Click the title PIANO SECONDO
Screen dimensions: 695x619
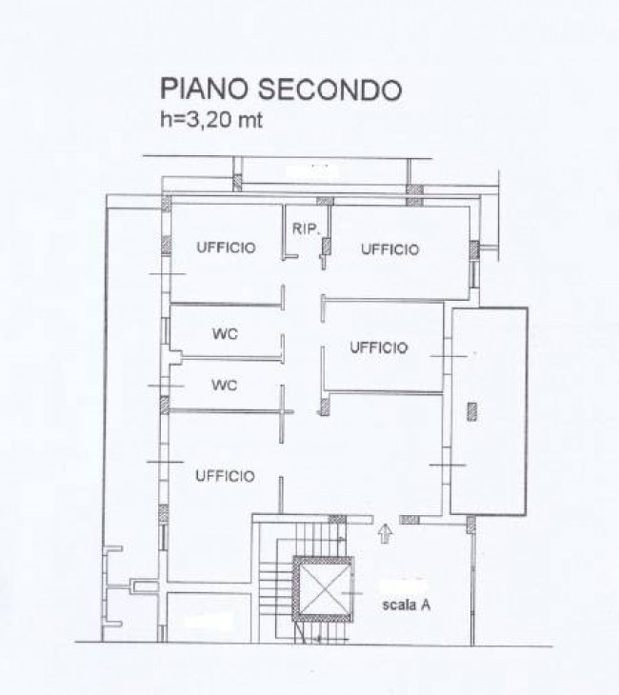click(x=280, y=89)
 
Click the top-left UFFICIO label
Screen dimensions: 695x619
click(x=226, y=248)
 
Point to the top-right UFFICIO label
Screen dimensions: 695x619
click(x=389, y=249)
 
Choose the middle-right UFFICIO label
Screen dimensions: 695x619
click(x=378, y=347)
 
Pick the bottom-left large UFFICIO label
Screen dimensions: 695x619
click(x=225, y=476)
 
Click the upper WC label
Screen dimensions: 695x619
click(x=224, y=334)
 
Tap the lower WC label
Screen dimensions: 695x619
click(x=224, y=386)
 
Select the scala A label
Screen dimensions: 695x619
click(x=408, y=604)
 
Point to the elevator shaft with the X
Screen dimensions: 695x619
click(x=322, y=588)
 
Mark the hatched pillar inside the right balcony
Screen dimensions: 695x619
click(x=473, y=410)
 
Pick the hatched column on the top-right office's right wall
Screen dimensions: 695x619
click(x=473, y=251)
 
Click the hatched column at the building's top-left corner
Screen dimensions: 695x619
click(x=166, y=203)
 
